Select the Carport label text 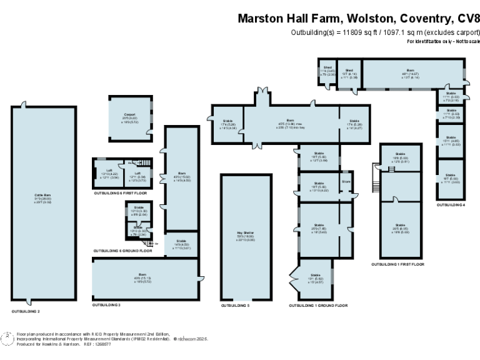(x=129, y=115)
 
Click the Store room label (x=346, y=182)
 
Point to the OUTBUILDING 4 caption (x=451, y=204)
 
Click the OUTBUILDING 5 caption (x=235, y=306)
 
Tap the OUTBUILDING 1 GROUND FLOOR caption (x=318, y=306)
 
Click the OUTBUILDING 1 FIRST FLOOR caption (x=397, y=264)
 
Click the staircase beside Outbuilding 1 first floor (x=376, y=171)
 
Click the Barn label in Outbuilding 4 (x=410, y=70)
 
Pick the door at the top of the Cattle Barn (x=25, y=104)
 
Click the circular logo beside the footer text (x=8, y=338)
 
